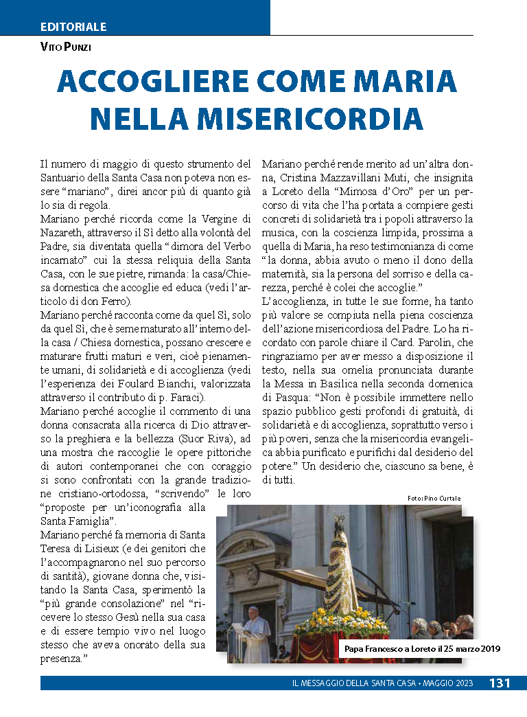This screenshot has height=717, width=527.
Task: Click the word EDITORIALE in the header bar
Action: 73,27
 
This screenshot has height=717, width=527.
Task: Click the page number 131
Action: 500,683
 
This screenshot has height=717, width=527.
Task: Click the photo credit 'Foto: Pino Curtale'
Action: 434,498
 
